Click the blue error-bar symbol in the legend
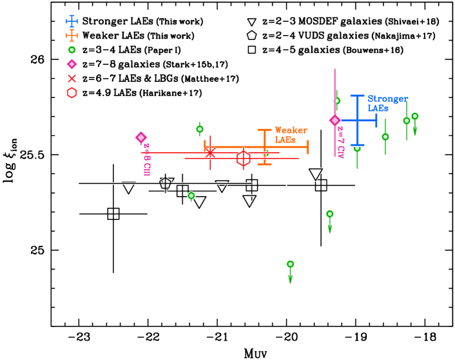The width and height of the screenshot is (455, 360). tap(72, 21)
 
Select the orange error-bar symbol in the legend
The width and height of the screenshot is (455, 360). tap(72, 35)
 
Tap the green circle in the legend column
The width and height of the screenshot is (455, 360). tap(72, 50)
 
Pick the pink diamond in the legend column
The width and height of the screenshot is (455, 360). tap(72, 64)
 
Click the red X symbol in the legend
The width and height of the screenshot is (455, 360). tap(72, 78)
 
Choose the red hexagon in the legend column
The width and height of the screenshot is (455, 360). tap(72, 93)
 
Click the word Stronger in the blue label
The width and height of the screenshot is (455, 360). tap(387, 99)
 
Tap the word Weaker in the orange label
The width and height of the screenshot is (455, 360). tap(291, 130)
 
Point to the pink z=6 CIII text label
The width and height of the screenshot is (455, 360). tap(147, 159)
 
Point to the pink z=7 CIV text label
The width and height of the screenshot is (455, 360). tap(340, 142)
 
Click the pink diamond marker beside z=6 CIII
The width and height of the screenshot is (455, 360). tap(141, 137)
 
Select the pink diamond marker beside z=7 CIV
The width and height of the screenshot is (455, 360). tap(334, 120)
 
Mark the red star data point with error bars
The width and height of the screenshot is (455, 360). tap(210, 152)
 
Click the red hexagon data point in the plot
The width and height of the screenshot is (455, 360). tap(243, 158)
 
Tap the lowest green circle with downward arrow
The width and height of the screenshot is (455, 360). tap(290, 264)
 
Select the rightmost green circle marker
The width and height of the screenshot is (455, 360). tap(414, 116)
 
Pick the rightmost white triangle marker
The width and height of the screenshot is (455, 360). tap(315, 174)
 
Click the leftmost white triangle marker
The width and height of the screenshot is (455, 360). tap(128, 188)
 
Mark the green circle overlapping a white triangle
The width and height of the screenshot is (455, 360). tap(191, 195)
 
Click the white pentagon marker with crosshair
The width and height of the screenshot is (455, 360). tap(165, 183)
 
